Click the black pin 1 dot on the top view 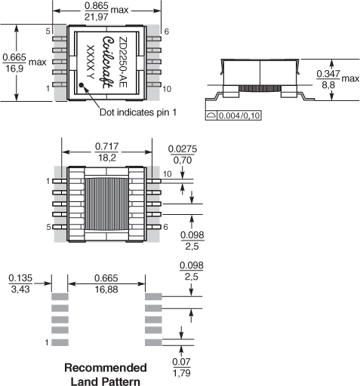tap(82, 85)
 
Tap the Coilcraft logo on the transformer tap(108, 63)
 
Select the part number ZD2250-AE tap(122, 62)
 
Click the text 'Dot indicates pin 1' tap(138, 112)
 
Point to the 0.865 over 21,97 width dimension tap(97, 11)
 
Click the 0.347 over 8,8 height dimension tap(328, 79)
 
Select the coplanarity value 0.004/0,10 tap(238, 115)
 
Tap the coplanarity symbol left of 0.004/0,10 tap(211, 115)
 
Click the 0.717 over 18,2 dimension tap(106, 152)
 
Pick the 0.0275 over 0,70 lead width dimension tap(183, 155)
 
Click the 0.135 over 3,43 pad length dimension tap(20, 283)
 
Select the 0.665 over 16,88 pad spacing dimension tap(106, 283)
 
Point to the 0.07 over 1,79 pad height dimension tap(181, 367)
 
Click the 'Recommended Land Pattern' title tap(106, 375)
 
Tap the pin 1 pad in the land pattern tap(60, 342)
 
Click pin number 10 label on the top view tap(167, 89)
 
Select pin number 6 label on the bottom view tap(165, 227)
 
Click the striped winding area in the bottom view tap(106, 204)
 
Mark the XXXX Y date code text tap(91, 62)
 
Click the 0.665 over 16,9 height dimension tap(14, 63)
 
